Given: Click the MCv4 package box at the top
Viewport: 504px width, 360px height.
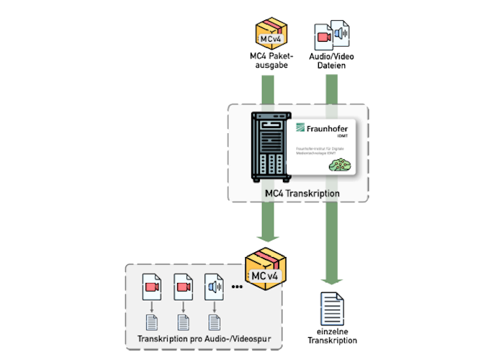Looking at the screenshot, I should pyautogui.click(x=268, y=33).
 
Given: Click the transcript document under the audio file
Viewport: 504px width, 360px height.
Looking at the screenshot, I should pyautogui.click(x=214, y=322).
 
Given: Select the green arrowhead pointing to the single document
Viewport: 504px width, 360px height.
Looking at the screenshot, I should pyautogui.click(x=332, y=282).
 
